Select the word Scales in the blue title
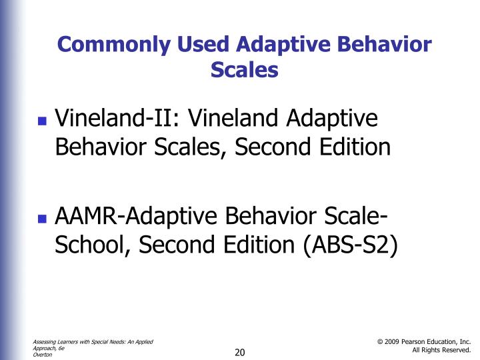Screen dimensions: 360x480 pyautogui.click(x=244, y=69)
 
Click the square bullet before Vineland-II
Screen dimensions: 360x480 pyautogui.click(x=43, y=122)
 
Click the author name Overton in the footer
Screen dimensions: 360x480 pyautogui.click(x=42, y=355)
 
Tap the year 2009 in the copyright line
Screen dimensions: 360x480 pyautogui.click(x=393, y=342)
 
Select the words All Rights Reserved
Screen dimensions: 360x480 pyautogui.click(x=441, y=350)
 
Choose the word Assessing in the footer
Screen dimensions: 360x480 pyautogui.click(x=46, y=342)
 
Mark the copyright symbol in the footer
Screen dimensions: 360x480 pyautogui.click(x=380, y=342)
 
